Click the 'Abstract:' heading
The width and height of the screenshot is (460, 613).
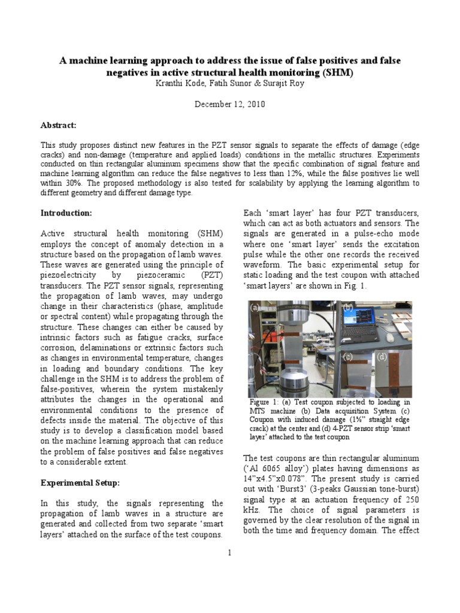(x=58, y=125)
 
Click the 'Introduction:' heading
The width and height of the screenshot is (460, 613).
(x=66, y=213)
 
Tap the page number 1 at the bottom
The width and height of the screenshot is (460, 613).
(x=229, y=552)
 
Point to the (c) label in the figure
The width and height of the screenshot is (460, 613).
(x=347, y=357)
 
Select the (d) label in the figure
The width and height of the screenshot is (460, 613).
(x=382, y=357)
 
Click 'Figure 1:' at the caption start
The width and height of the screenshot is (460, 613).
(x=267, y=402)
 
